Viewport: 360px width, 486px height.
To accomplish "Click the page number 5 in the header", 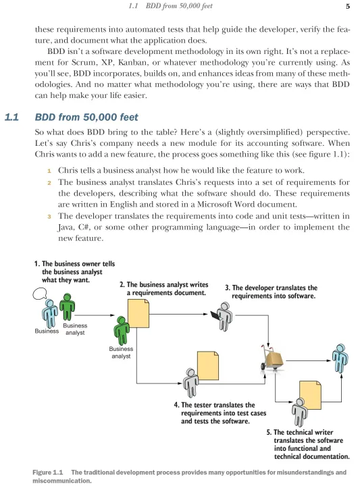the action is (348, 6).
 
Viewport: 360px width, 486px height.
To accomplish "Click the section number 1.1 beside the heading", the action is (11, 117).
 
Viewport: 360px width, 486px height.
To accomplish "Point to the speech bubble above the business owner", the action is (40, 294).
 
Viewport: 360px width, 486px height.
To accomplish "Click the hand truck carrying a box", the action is (272, 357).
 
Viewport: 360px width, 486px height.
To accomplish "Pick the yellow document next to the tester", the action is (208, 365).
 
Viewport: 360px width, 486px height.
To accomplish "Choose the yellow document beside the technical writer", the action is (310, 395).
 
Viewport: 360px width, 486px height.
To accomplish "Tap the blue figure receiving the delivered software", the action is (340, 358).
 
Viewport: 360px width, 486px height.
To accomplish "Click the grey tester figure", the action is (190, 383).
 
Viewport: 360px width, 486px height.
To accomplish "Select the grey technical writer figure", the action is (299, 412).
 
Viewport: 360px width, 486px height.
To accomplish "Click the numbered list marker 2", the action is (49, 183).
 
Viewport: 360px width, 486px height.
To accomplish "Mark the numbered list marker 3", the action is (49, 217).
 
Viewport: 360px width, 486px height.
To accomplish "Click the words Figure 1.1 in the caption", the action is (48, 473).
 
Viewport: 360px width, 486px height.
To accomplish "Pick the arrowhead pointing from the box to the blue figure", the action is (330, 360).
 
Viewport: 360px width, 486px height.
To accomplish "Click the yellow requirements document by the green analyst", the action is (138, 314).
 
